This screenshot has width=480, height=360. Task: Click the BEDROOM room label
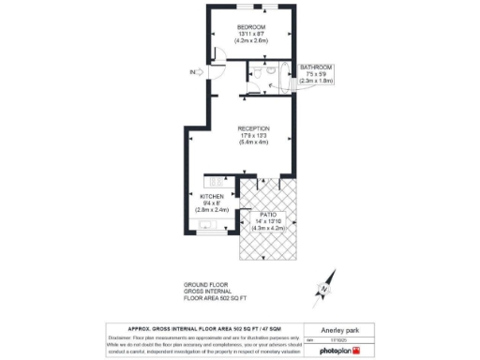coord(251,25)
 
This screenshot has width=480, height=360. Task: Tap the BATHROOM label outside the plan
coord(315,67)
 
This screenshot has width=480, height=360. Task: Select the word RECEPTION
coord(253,127)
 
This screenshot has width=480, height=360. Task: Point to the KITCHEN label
coord(211,196)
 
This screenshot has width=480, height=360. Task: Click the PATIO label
coord(268,215)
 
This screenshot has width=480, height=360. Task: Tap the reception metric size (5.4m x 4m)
coord(253,142)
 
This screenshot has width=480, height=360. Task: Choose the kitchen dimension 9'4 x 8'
coord(211,203)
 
